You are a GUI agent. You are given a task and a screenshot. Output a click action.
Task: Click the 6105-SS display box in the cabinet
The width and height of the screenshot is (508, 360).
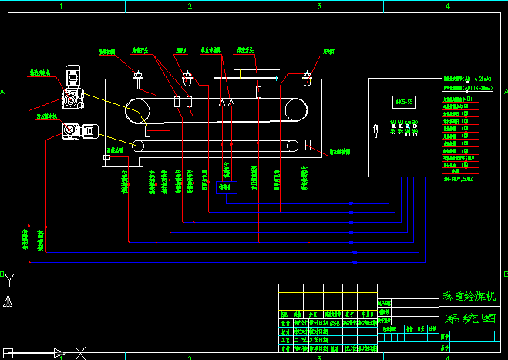pos(404,102)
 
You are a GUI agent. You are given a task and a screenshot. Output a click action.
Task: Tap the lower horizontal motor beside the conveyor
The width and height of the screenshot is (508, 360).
pos(77,130)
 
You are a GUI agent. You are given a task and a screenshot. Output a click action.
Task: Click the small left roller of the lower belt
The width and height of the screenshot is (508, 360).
pos(138,145)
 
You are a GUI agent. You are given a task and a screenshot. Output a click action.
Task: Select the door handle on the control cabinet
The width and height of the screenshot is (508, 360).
pos(376,130)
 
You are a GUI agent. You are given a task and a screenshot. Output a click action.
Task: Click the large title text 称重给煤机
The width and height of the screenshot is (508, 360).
pos(467,296)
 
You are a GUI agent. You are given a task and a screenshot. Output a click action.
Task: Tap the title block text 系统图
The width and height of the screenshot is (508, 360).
pos(467,318)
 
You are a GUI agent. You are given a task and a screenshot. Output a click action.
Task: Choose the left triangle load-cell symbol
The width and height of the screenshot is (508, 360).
pos(221,103)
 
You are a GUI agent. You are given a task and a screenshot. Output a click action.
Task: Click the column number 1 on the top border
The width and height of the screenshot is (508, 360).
pos(60,5)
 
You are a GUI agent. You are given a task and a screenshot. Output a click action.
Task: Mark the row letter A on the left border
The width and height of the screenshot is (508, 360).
pos(5,93)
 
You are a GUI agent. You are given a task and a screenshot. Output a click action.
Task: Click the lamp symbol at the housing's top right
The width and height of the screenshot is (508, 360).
pos(307,77)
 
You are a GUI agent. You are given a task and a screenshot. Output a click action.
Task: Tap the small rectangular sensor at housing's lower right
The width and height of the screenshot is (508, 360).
pos(308,144)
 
